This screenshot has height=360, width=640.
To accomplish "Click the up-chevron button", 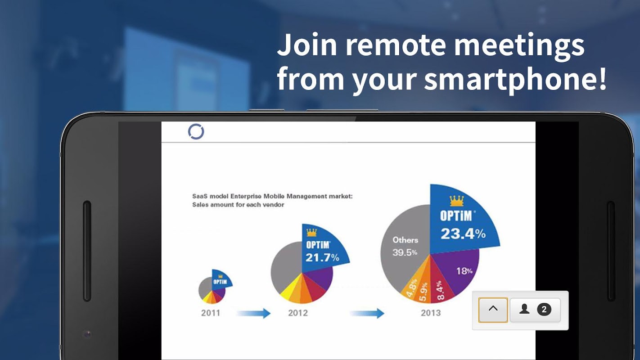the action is [x=493, y=310].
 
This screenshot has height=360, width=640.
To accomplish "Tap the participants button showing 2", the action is [x=535, y=310].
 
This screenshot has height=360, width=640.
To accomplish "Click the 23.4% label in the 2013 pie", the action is [x=463, y=234].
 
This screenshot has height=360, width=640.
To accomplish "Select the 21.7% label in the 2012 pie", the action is [x=322, y=257].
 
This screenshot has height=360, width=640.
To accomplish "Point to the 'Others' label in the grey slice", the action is [x=405, y=240].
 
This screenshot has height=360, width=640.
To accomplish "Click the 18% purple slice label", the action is [x=464, y=270].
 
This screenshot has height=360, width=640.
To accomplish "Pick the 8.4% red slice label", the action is [x=440, y=290].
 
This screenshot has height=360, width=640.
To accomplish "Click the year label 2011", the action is [x=211, y=313].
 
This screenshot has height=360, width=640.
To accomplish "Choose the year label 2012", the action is [x=298, y=313].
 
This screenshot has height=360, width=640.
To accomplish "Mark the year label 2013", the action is [x=431, y=313].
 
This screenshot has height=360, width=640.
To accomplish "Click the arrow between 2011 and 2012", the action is [x=254, y=313].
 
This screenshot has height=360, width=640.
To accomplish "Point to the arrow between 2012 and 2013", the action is [x=367, y=313].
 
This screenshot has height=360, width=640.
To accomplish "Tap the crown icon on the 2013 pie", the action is [x=456, y=201].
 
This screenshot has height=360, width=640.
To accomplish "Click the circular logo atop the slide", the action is [x=196, y=131].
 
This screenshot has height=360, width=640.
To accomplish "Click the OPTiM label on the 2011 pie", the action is [x=220, y=282].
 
